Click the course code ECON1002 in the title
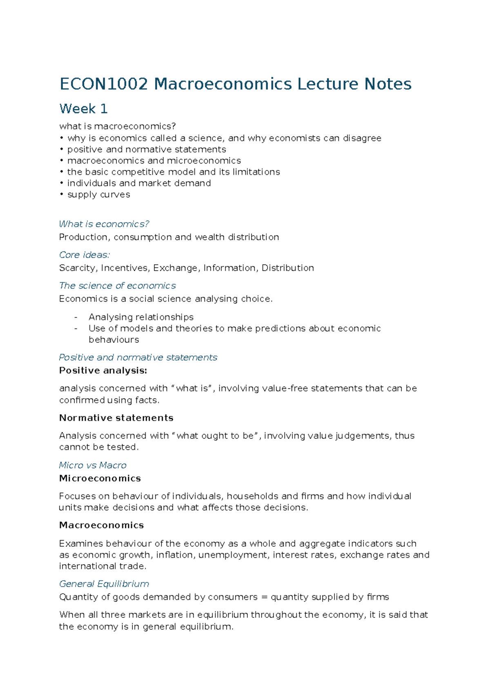[104, 84]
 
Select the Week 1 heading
[83, 109]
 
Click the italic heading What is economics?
[104, 224]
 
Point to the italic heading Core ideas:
[85, 255]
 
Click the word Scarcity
[78, 268]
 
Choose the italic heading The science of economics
[118, 286]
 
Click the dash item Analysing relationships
[141, 317]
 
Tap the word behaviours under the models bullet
[114, 340]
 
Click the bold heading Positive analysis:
[103, 371]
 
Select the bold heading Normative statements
[116, 418]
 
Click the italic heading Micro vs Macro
[93, 465]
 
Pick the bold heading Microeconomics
[100, 478]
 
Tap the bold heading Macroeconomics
[101, 525]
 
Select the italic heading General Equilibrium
[104, 584]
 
